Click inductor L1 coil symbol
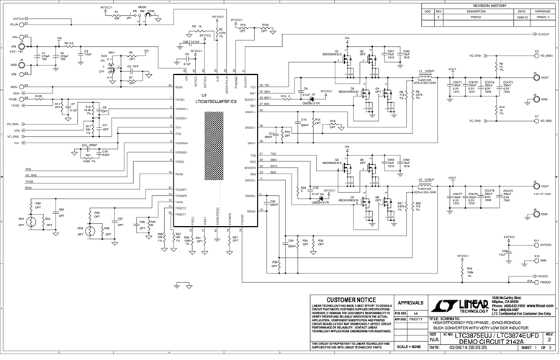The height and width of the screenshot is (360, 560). pyautogui.click(x=425, y=74)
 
